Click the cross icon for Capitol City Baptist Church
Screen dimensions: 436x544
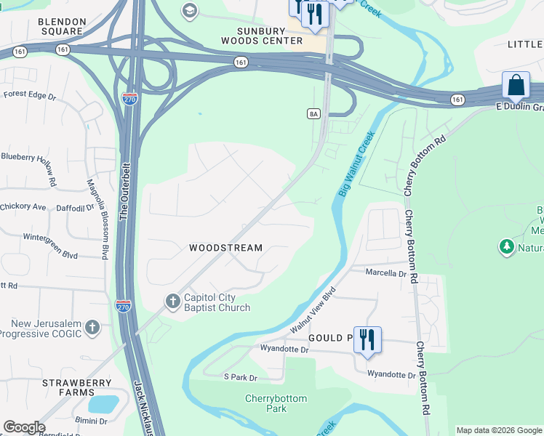[172, 300]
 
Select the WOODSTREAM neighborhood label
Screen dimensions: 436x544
[225, 248]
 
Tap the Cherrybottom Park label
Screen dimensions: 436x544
[276, 403]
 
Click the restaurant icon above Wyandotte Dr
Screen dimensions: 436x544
[367, 339]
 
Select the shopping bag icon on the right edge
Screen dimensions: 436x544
[516, 85]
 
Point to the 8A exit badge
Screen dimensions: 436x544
[313, 113]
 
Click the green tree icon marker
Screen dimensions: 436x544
[506, 247]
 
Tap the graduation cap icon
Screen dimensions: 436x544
[190, 11]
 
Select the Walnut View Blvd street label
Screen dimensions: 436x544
[313, 310]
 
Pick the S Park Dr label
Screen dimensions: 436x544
[241, 377]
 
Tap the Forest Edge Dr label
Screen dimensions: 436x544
[29, 95]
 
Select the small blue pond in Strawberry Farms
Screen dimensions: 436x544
[102, 403]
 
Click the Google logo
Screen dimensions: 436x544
[24, 427]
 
